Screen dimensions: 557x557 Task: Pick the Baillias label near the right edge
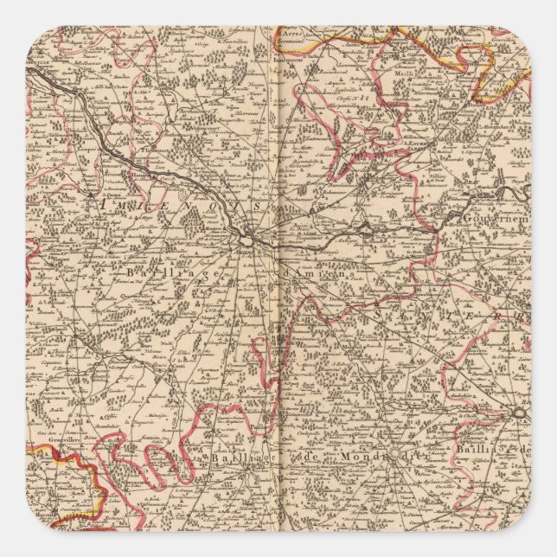[x=493, y=450]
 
